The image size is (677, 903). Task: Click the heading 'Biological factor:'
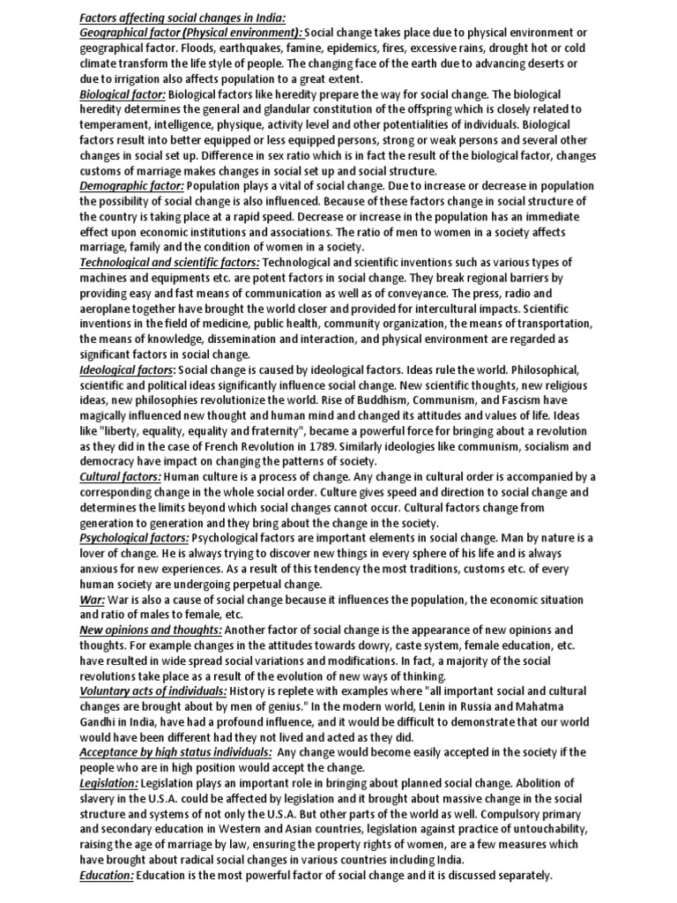(122, 93)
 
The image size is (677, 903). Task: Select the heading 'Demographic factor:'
(131, 185)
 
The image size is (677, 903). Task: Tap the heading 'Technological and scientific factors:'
(169, 263)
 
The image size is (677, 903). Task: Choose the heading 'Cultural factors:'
(120, 477)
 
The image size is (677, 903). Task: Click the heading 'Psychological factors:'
(134, 537)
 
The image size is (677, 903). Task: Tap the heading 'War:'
(92, 599)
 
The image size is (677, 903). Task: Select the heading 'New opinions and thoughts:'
(151, 630)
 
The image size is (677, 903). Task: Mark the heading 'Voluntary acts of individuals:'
(153, 690)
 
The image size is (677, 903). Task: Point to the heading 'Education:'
(107, 876)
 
